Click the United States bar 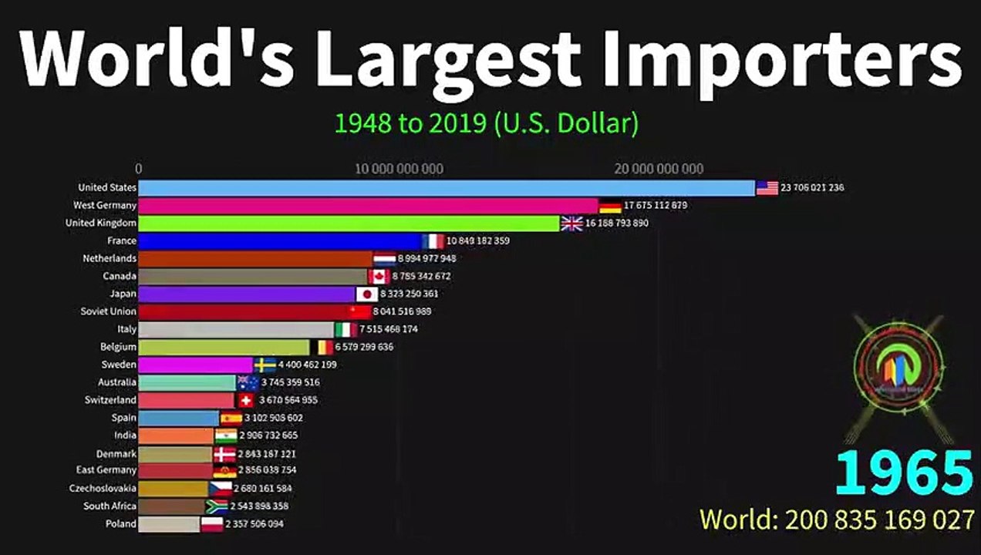tap(446, 187)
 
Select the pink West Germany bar tap(368, 206)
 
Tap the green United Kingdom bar tap(349, 224)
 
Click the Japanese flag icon tap(366, 294)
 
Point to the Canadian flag tap(379, 276)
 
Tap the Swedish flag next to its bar tap(265, 365)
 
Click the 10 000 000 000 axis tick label tap(399, 169)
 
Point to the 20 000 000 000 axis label tap(659, 169)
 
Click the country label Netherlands tap(110, 259)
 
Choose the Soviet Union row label tap(109, 311)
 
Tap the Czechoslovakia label tap(103, 489)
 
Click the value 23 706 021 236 tap(812, 187)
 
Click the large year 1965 tap(904, 473)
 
